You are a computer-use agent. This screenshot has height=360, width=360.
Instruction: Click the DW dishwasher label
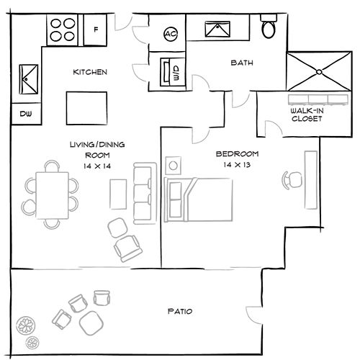(25, 113)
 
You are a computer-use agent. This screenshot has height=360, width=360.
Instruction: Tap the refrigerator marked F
(96, 30)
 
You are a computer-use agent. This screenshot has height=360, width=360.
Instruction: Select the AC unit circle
(171, 33)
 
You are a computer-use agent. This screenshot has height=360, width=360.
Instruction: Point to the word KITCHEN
(90, 73)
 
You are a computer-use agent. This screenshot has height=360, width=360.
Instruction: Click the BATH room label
(241, 63)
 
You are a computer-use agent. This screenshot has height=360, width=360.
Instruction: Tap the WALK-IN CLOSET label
(306, 115)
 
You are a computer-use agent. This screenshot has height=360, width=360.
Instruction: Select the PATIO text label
(179, 312)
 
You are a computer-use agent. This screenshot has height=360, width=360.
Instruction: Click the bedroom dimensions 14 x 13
(236, 166)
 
